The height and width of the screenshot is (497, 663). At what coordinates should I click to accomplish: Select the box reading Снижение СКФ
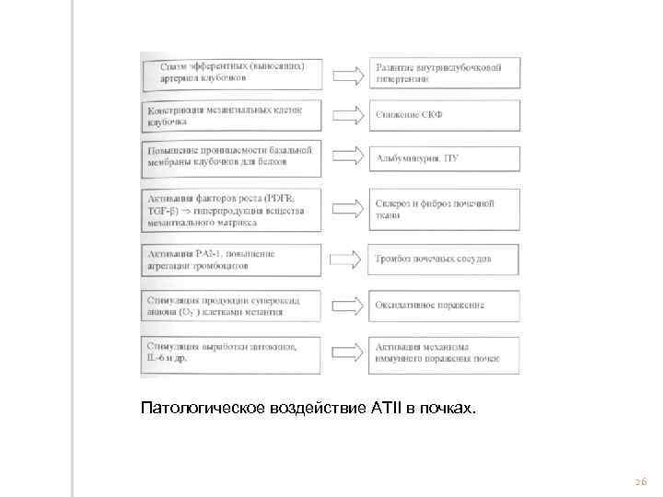tap(445, 115)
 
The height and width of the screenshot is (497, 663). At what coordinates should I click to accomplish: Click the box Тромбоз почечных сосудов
tap(445, 259)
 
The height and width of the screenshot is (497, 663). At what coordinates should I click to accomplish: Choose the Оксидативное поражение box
tap(445, 304)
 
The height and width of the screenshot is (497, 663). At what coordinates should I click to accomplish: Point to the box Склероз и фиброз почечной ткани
tap(445, 209)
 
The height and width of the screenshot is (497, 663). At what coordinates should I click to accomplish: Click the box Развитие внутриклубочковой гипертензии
tap(445, 73)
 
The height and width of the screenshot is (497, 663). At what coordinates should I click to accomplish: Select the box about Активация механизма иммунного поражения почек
tap(445, 353)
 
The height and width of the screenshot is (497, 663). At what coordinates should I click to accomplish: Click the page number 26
tap(641, 482)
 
